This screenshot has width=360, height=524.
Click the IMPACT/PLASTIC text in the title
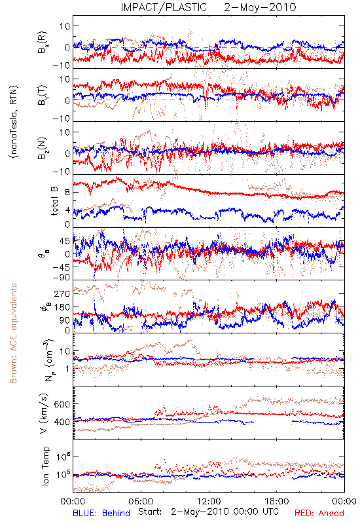click(164, 7)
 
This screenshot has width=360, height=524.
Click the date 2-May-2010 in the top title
click(260, 7)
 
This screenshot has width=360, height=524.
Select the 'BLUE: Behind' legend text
click(101, 513)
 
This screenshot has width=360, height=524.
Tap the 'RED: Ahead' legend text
click(319, 513)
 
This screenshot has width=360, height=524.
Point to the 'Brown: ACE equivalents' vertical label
click(13, 333)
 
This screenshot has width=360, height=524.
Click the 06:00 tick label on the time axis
click(141, 501)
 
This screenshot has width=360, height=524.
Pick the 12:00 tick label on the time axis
click(209, 501)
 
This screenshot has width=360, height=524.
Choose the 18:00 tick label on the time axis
click(277, 501)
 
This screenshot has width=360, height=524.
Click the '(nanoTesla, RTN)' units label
click(14, 122)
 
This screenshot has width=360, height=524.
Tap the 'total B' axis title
click(54, 201)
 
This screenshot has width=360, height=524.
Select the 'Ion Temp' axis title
click(45, 466)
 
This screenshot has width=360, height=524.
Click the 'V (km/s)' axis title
click(44, 413)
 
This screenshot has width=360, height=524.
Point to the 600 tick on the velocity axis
click(62, 404)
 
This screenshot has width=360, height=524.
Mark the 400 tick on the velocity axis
click(62, 422)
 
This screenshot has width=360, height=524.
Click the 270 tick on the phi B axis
click(62, 293)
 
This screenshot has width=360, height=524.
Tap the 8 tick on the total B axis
click(67, 193)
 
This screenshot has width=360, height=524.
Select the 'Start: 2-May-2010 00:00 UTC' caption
click(208, 512)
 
